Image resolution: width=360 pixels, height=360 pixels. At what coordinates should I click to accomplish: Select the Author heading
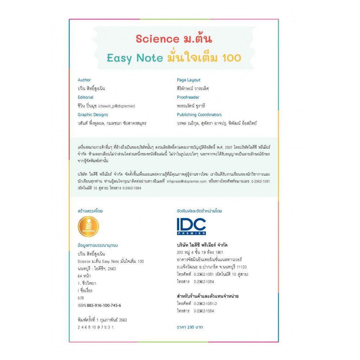click(84, 80)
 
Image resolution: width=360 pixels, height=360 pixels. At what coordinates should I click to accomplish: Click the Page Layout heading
click(189, 80)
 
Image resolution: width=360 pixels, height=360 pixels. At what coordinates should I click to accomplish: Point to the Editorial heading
click(85, 97)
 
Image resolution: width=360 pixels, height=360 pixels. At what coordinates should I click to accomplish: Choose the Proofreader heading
click(188, 97)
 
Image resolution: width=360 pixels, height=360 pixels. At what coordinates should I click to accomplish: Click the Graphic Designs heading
click(93, 114)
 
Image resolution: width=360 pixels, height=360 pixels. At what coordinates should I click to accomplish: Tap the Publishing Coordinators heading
click(199, 114)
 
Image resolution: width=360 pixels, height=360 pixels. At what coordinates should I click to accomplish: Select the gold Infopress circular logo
click(88, 226)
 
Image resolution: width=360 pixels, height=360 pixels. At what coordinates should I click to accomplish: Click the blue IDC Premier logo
click(191, 226)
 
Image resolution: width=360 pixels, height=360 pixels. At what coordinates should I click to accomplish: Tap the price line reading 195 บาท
click(190, 327)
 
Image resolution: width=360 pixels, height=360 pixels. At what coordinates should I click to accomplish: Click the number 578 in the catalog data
click(81, 298)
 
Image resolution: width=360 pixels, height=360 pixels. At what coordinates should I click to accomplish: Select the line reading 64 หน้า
click(84, 276)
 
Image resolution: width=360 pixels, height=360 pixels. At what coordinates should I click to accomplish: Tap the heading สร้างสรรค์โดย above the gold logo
click(90, 211)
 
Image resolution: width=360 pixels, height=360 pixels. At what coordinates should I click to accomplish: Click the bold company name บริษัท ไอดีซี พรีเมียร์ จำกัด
click(202, 245)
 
